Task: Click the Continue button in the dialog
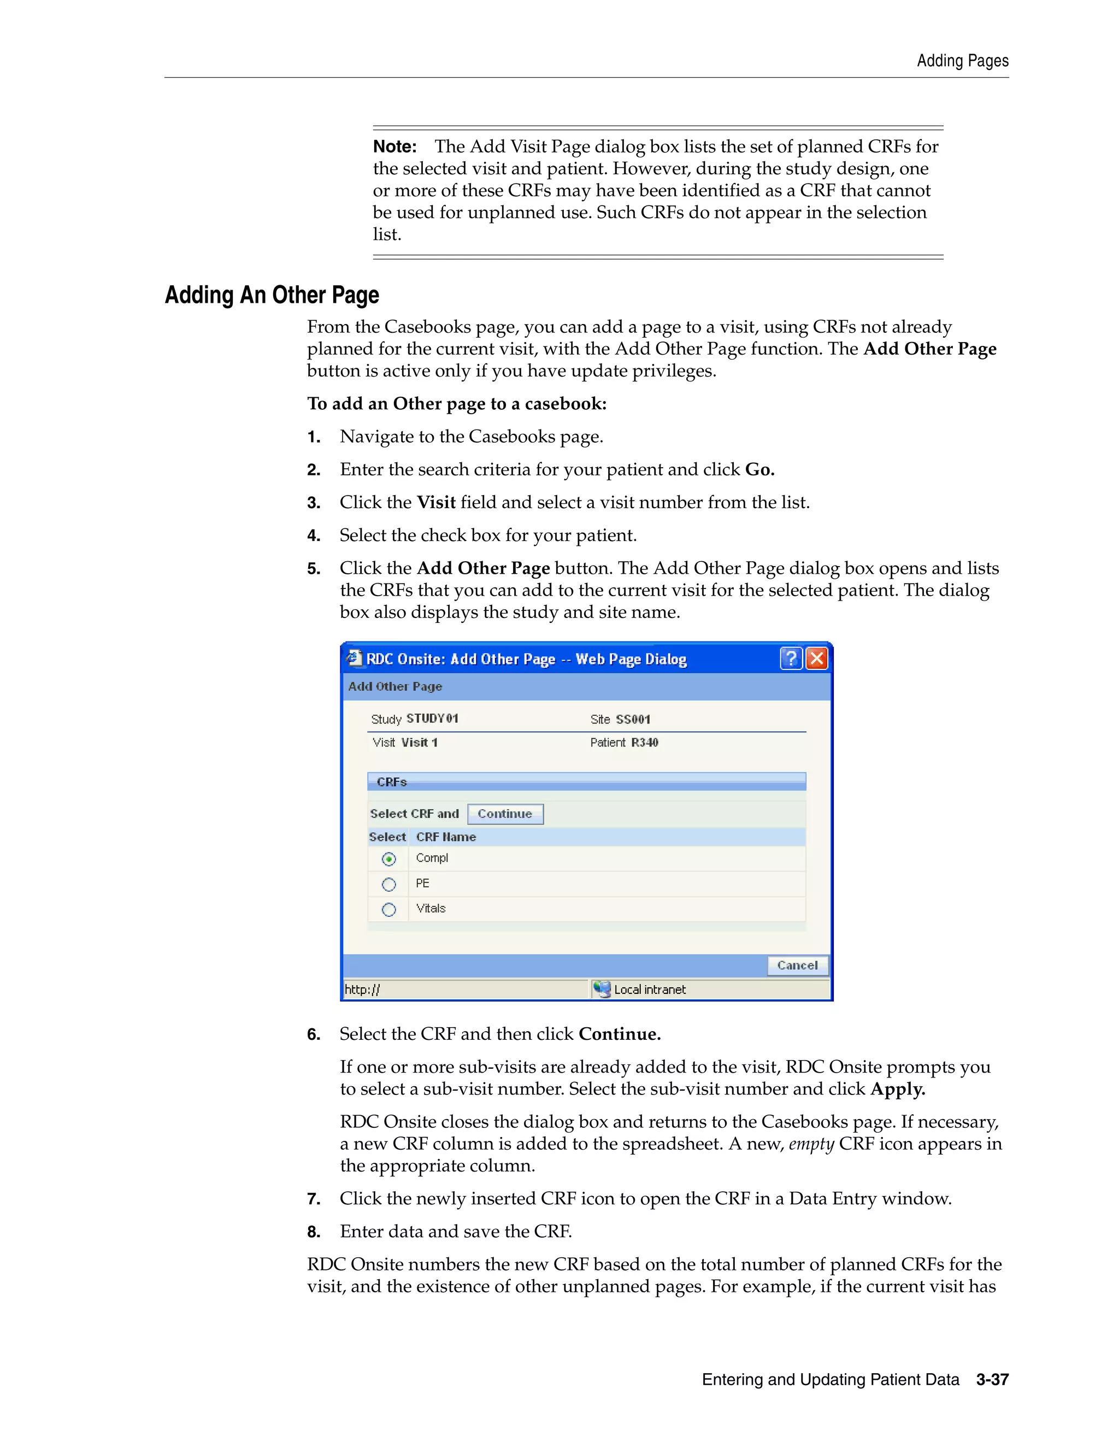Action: [505, 814]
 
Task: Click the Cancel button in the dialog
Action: [798, 966]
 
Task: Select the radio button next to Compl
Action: [389, 860]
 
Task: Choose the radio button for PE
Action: [389, 885]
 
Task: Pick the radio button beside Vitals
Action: [389, 910]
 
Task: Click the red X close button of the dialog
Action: [817, 658]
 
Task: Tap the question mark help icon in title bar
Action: [791, 658]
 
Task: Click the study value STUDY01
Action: [432, 719]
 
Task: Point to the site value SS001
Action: [633, 720]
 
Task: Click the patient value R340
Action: [644, 743]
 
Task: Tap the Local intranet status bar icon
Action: [602, 989]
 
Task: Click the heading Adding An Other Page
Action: [272, 295]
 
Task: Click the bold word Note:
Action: [395, 146]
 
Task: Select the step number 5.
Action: [313, 569]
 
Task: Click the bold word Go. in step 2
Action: [759, 469]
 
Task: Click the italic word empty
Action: [811, 1144]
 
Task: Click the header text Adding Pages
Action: [963, 61]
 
